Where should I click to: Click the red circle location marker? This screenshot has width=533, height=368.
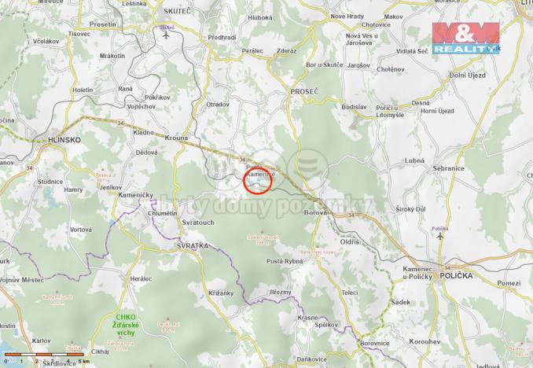click(x=258, y=181)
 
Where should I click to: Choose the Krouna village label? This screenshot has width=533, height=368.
click(x=176, y=138)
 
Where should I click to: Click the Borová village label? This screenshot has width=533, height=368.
click(x=315, y=213)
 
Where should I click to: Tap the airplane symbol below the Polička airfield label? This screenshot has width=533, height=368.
click(x=439, y=236)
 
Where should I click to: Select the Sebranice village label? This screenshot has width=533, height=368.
click(x=447, y=168)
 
